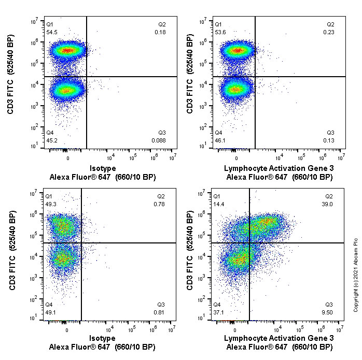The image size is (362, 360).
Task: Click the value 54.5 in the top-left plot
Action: tap(52, 33)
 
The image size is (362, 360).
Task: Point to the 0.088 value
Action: tap(159, 140)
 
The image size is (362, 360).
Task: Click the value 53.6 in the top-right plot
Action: tap(220, 33)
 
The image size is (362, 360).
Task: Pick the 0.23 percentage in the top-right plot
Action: tap(329, 33)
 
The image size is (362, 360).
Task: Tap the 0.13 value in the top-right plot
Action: tap(329, 140)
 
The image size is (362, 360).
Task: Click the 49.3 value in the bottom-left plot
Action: tap(51, 205)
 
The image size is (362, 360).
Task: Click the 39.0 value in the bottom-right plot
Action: tap(329, 205)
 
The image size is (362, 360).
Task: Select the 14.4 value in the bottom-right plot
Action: tap(219, 205)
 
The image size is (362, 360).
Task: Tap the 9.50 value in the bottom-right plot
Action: tap(329, 312)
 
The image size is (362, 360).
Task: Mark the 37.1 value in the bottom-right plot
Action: tap(219, 312)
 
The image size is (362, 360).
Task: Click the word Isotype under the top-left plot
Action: tap(103, 168)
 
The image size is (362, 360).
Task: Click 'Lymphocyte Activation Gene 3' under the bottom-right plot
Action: tap(279, 338)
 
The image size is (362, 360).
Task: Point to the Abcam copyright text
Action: tap(356, 274)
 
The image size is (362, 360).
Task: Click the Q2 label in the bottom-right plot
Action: tap(329, 197)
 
